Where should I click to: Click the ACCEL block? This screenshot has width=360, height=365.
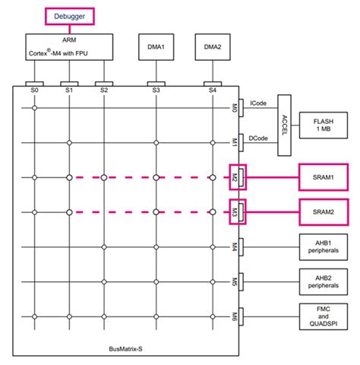(285, 122)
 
